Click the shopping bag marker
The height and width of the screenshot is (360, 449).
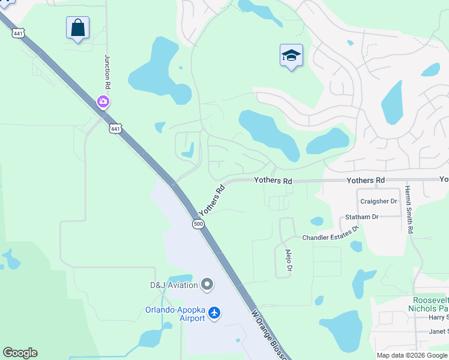tap(77, 28)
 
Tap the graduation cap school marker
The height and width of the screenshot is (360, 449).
tap(291, 56)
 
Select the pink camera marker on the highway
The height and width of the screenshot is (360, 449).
tap(103, 101)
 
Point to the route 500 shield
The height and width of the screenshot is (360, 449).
tap(198, 224)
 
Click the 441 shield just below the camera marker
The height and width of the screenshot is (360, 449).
tap(115, 128)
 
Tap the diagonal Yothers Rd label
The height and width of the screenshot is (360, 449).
tap(211, 200)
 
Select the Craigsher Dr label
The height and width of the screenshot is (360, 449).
tap(378, 201)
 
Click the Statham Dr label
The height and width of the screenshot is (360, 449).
tap(362, 217)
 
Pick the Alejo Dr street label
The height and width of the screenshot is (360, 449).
tap(289, 260)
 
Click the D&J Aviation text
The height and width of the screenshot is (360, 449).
tap(173, 284)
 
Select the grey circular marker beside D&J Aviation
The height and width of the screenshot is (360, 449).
tap(207, 284)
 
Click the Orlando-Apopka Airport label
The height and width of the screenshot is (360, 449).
tap(174, 314)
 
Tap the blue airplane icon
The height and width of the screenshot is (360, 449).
tap(214, 313)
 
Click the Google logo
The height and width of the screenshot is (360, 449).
tap(20, 353)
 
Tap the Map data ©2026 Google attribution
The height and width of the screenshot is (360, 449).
tap(412, 355)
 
